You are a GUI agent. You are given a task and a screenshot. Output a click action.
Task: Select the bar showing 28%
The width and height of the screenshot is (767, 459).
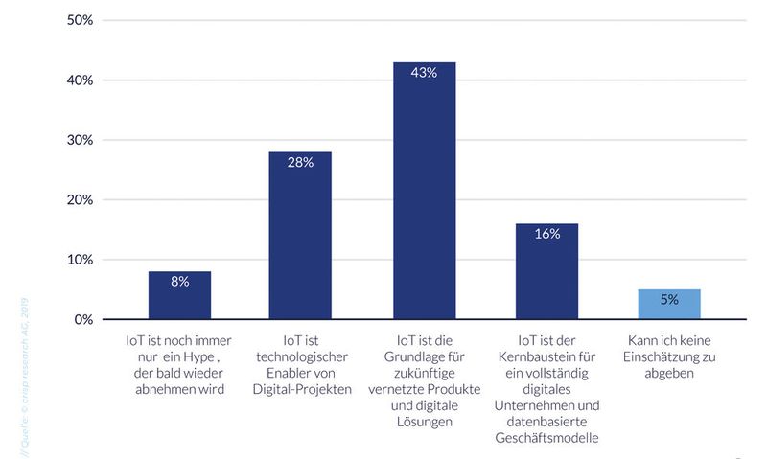click(300, 236)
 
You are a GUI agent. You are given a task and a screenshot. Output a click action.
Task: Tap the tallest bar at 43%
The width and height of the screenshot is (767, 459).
click(424, 191)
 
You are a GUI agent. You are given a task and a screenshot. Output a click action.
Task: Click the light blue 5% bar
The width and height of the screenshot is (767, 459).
click(669, 304)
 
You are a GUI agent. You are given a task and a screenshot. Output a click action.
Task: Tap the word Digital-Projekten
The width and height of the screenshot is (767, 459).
click(299, 389)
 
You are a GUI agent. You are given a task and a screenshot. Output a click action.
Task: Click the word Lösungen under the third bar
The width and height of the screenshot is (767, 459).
click(423, 422)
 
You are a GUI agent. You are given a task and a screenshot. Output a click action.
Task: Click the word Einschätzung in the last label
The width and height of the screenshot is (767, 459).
click(662, 357)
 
